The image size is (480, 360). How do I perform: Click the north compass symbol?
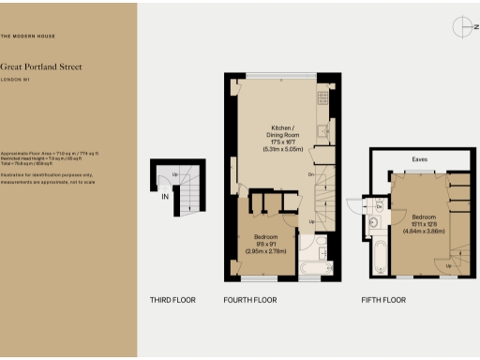coord(460,28)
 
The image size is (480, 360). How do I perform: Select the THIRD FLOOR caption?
coord(172,301)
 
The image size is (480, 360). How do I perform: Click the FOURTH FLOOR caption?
coord(250,301)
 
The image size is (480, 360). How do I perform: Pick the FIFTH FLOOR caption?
coord(383,301)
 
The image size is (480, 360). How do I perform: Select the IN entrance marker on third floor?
coord(165,196)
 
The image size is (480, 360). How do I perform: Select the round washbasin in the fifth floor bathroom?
coord(374,223)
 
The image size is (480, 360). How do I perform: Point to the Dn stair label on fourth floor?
coord(310,173)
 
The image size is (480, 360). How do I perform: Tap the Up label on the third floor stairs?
coord(174,175)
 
